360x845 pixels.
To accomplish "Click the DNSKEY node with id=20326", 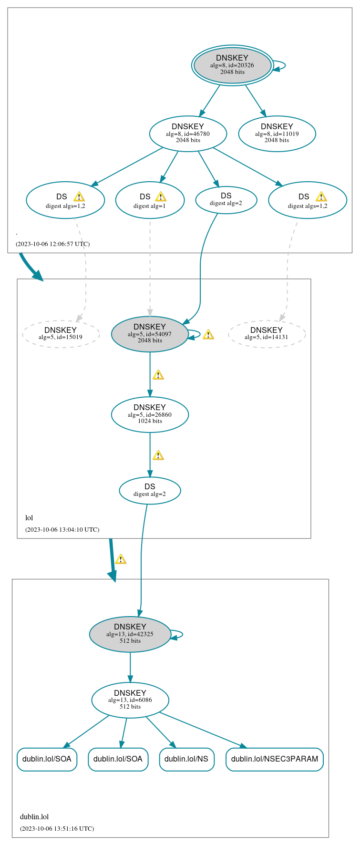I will [x=232, y=65].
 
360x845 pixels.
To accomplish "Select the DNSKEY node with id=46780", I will [x=188, y=134].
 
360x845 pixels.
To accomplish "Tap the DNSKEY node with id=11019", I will [x=277, y=134].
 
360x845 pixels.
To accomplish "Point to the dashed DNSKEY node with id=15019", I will [x=61, y=334].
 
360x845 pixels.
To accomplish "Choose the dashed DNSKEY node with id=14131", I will [x=267, y=334].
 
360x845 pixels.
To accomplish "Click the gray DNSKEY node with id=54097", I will [x=150, y=334].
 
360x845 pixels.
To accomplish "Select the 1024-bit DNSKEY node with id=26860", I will [x=150, y=414].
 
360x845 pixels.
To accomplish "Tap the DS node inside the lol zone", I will [x=150, y=490].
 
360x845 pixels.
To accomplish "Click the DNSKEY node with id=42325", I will [x=130, y=634].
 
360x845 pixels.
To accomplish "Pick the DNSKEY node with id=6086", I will [x=130, y=700].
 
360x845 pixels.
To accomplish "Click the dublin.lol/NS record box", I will [x=186, y=759].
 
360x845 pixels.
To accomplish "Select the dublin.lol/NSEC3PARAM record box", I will [x=274, y=759].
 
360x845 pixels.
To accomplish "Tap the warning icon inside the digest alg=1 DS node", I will [x=161, y=196].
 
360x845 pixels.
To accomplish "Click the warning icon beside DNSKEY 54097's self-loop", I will [x=208, y=335].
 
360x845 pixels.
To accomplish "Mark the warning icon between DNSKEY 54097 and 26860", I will [x=158, y=375].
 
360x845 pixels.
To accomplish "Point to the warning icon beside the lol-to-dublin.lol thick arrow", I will [x=121, y=559].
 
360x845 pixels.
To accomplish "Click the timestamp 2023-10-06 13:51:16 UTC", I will [x=57, y=828].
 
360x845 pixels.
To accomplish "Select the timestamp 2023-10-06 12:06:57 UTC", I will [x=52, y=244].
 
